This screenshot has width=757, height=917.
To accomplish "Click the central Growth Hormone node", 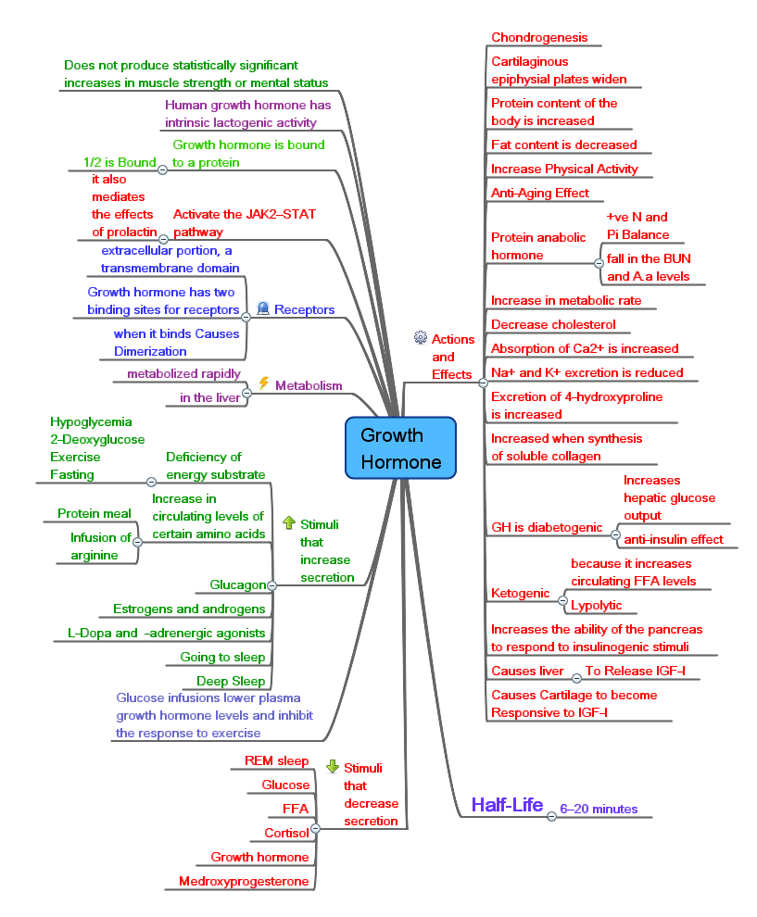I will coord(400,448).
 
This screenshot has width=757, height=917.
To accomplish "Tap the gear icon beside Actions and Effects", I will coord(420,338).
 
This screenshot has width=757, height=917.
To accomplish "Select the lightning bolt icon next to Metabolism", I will coord(263,383).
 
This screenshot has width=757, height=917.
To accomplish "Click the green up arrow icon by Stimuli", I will coord(288,522).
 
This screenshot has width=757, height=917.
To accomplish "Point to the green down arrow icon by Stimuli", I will coord(333,767).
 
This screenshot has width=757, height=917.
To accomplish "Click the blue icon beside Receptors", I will coord(262,308).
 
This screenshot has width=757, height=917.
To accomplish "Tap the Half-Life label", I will coord(506,804).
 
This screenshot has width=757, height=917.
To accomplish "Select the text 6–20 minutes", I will coord(599,809).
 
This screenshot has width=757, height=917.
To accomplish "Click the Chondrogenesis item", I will coord(539,37).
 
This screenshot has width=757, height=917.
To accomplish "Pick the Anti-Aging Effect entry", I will coord(539,193).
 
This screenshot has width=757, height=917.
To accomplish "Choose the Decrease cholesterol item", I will coord(553,324).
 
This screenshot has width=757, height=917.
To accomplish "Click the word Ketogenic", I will coord(520,593).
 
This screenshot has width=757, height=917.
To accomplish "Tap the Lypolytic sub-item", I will coord(596,605).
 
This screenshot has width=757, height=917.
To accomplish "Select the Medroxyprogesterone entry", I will coord(244,881).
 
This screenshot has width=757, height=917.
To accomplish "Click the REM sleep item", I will coord(276,760).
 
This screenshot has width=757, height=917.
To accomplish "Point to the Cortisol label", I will coord(288,833).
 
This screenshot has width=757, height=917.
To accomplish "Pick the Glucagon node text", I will coord(237,584).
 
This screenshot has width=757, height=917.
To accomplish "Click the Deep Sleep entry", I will coord(236,681).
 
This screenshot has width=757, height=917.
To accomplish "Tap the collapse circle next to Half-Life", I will coord(551,816).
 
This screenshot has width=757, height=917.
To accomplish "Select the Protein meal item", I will coord(94,513).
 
